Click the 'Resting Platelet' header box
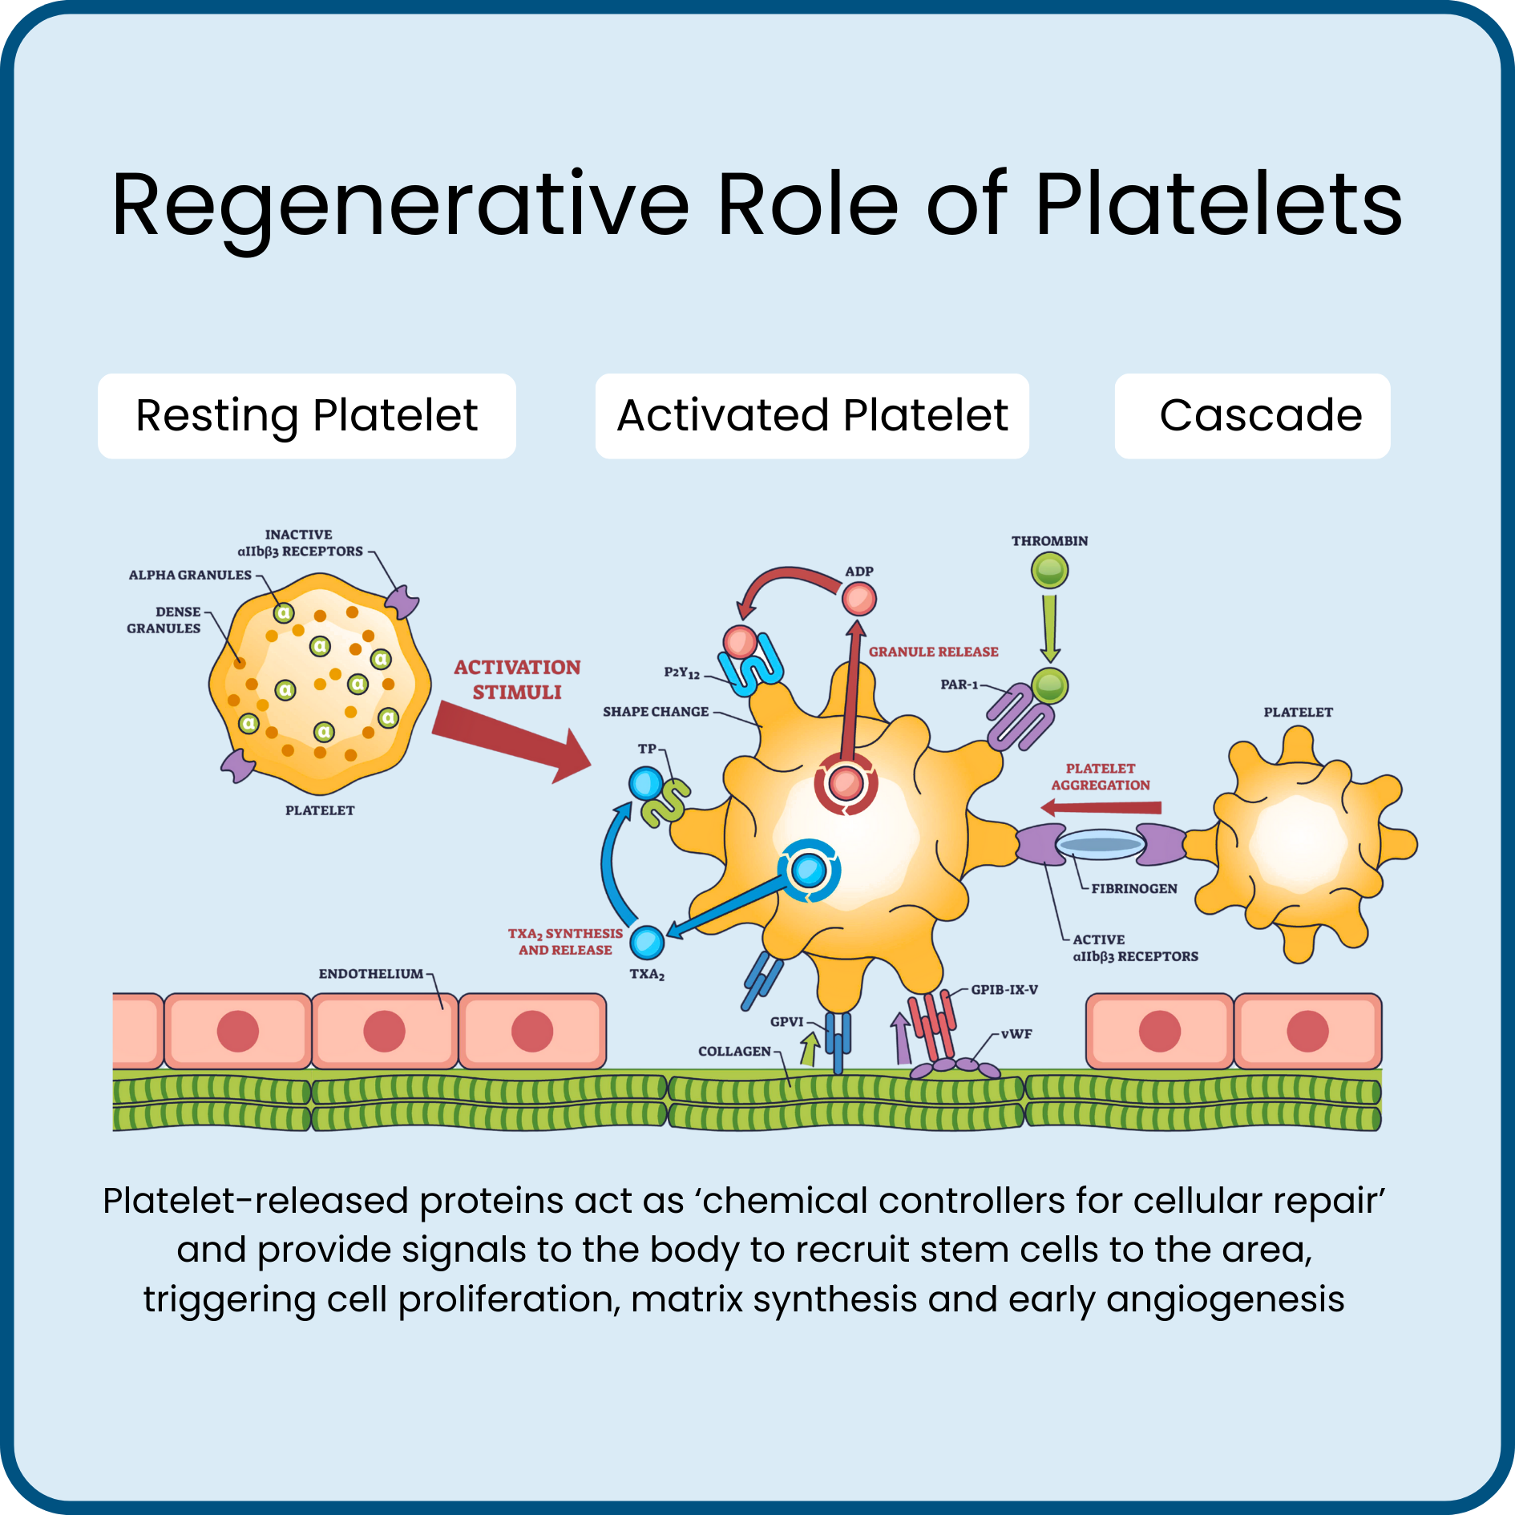[x=306, y=416]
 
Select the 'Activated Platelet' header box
[x=811, y=416]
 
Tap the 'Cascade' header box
[x=1252, y=416]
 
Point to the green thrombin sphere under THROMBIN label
[x=1049, y=572]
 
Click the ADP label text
[x=858, y=572]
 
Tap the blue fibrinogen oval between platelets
[x=1101, y=844]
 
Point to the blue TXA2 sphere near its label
[x=647, y=942]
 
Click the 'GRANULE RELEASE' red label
[x=933, y=652]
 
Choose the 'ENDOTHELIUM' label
[x=370, y=974]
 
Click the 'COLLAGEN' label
[x=734, y=1051]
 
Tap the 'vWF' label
[x=1016, y=1034]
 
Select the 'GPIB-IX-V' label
[x=1004, y=990]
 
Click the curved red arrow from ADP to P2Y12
[x=786, y=577]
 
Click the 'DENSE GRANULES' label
[x=164, y=620]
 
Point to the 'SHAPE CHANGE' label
[x=655, y=712]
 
